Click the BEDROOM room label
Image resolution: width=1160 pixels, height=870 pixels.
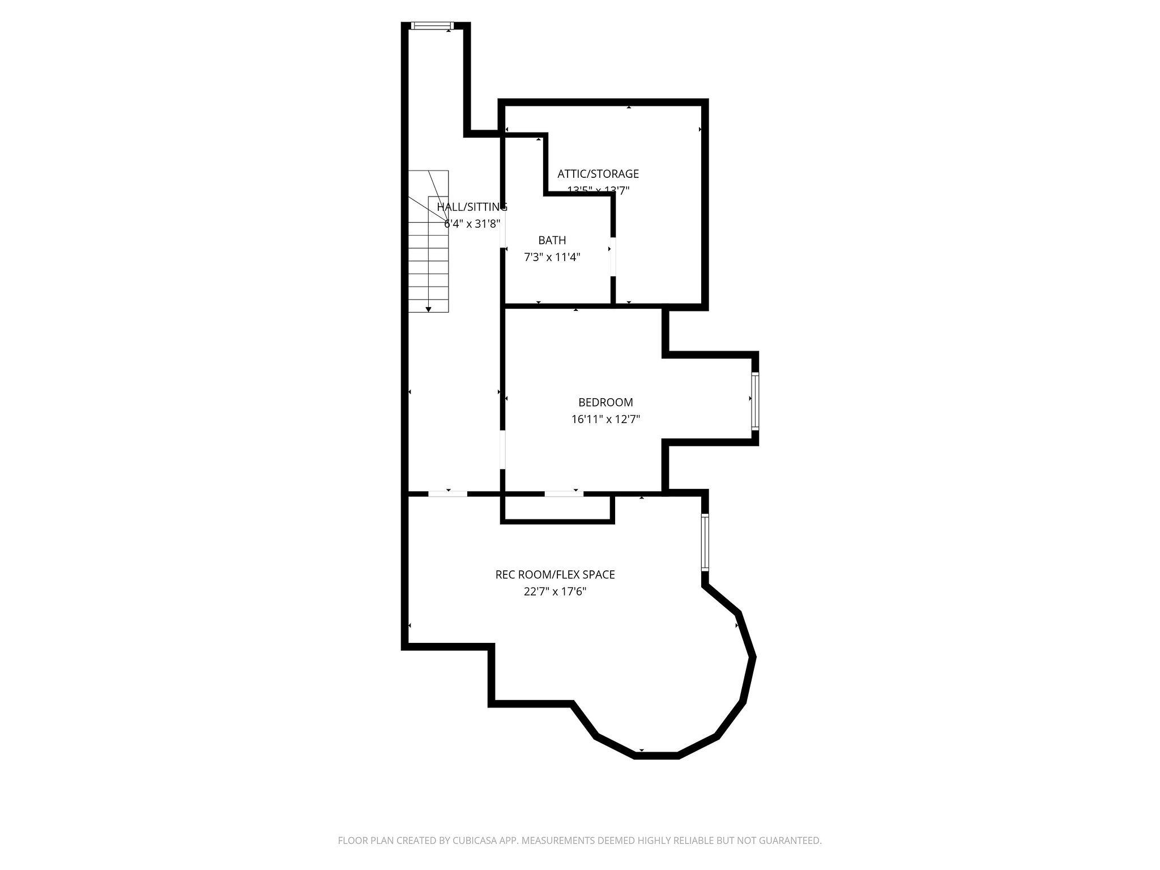tap(605, 403)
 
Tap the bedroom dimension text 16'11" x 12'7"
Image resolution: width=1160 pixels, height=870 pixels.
tap(605, 420)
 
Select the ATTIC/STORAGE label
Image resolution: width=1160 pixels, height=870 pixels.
tap(598, 174)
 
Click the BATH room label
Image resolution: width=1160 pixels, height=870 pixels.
tap(552, 240)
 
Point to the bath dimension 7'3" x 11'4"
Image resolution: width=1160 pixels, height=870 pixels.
tap(552, 257)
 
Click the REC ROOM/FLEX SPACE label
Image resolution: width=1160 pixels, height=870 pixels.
tap(555, 574)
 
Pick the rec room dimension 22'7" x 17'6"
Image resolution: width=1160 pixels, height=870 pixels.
tap(555, 592)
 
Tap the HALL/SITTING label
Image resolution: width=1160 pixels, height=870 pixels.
tap(471, 207)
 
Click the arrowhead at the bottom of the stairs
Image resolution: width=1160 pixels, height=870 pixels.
tap(429, 309)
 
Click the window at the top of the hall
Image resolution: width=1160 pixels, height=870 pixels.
tap(432, 25)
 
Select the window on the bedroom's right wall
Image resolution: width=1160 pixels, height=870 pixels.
tap(755, 401)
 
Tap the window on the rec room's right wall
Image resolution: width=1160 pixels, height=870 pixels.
tap(705, 542)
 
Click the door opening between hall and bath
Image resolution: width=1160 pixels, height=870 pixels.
tap(502, 229)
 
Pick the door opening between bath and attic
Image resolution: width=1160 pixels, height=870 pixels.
tap(613, 257)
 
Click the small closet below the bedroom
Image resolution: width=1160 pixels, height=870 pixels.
tap(557, 508)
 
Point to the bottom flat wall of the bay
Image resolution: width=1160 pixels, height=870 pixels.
tap(656, 755)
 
